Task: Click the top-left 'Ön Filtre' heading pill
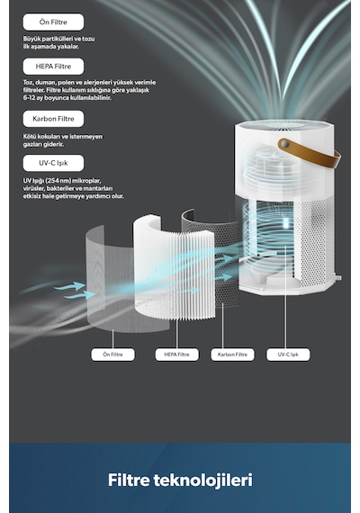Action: click(x=53, y=22)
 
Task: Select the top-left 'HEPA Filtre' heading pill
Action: click(x=53, y=67)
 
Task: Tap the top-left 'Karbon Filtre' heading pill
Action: click(x=53, y=119)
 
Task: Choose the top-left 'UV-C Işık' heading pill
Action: click(x=53, y=163)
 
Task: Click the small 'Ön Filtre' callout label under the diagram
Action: click(x=112, y=355)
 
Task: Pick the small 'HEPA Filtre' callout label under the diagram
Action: click(x=176, y=355)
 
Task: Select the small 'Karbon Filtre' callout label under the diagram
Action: click(x=232, y=355)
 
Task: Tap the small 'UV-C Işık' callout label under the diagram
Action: click(x=288, y=355)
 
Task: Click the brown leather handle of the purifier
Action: click(x=310, y=153)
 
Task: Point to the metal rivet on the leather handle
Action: click(x=284, y=144)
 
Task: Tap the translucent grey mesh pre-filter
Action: click(x=112, y=282)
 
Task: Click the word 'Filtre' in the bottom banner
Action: click(x=129, y=480)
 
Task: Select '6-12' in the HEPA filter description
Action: click(x=29, y=97)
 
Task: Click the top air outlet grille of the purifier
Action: click(x=284, y=125)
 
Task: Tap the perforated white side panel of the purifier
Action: click(x=314, y=242)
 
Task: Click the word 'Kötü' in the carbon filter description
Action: click(x=29, y=136)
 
